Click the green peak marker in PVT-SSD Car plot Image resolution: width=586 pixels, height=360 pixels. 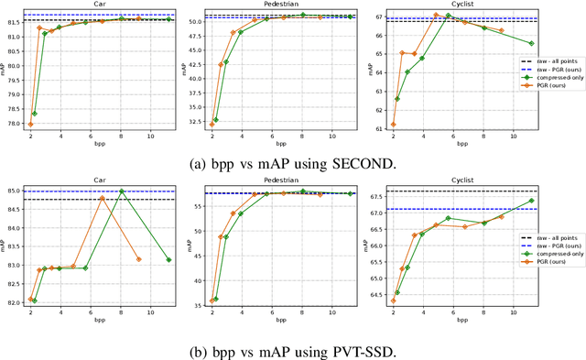[122, 191]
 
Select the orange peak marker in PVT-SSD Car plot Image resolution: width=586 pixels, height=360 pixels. [103, 197]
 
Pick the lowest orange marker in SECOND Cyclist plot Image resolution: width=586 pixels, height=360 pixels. [394, 125]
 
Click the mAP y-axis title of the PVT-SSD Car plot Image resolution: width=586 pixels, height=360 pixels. [5, 245]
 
